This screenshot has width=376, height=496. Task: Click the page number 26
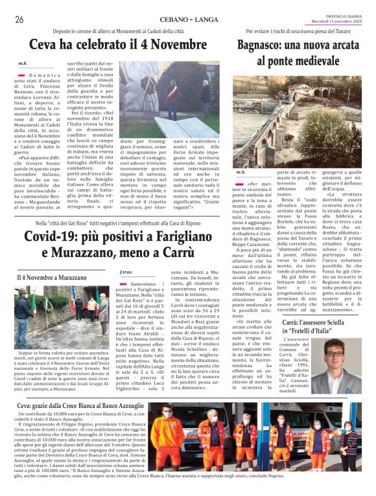point(19,19)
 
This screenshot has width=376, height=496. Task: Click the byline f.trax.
point(126,273)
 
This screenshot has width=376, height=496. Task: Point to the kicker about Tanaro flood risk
point(303,32)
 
